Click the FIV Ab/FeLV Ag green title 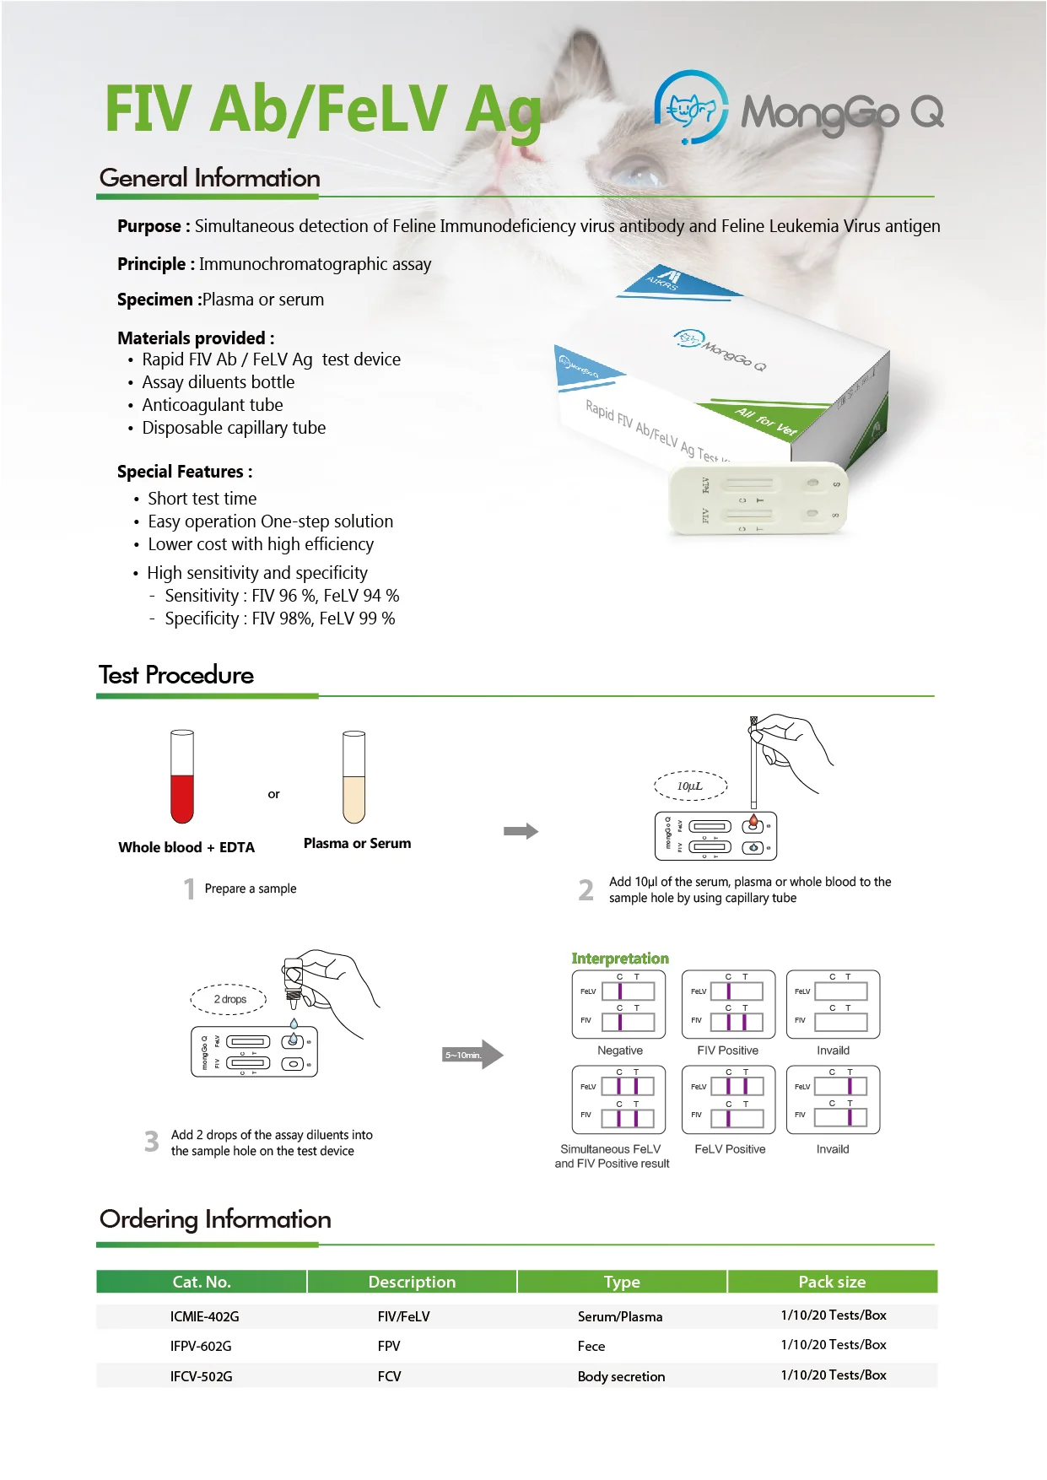(x=323, y=110)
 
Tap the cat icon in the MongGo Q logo (x=691, y=108)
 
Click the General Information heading (x=210, y=178)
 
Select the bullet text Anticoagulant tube (x=213, y=405)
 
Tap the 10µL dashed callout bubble (x=690, y=786)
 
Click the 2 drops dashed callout (x=229, y=999)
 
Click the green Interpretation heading (x=620, y=959)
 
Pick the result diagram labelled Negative (x=619, y=1004)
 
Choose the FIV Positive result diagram (x=728, y=1004)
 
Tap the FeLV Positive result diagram (x=728, y=1099)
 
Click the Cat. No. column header (x=202, y=1282)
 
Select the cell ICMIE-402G (x=205, y=1316)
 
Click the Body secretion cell (x=621, y=1376)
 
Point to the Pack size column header (x=832, y=1282)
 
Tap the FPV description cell (x=389, y=1346)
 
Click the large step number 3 (x=152, y=1142)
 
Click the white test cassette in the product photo (x=757, y=499)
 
